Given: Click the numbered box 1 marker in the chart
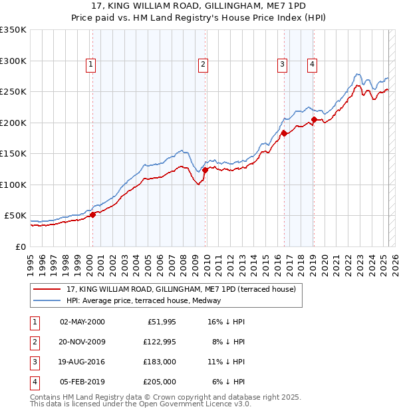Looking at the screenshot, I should [x=90, y=65].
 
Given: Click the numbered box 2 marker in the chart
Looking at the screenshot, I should [x=202, y=65].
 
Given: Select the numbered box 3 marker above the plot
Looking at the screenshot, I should [x=282, y=65].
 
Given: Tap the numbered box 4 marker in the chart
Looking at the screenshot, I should [x=311, y=65].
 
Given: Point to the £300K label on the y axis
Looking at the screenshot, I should [x=14, y=61].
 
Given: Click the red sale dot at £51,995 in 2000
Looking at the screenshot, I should [x=93, y=214].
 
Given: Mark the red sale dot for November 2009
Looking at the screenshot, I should [x=205, y=170].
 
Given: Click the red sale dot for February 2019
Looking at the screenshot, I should [x=313, y=120].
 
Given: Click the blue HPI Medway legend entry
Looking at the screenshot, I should [x=146, y=300].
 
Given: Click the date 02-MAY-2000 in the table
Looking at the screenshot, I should [x=82, y=322].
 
